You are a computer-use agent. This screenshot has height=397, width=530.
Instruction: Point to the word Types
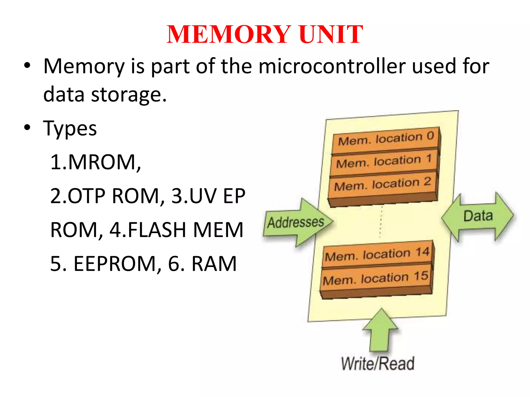[x=70, y=128]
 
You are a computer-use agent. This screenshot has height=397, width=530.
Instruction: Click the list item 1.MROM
[x=95, y=162]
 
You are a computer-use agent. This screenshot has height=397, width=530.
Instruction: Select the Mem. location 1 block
[x=384, y=162]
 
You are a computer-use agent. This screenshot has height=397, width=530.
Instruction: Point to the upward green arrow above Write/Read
[x=380, y=331]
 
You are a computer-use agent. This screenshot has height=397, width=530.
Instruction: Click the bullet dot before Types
[x=27, y=128]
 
